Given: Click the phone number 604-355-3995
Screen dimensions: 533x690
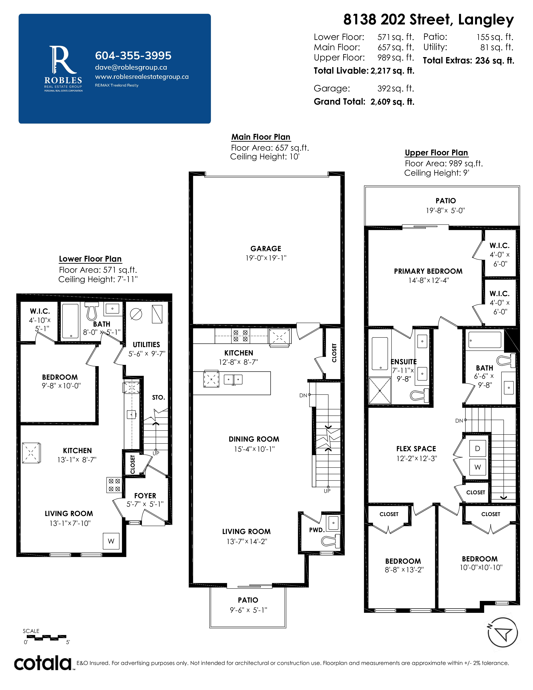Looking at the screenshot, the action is pyautogui.click(x=133, y=56).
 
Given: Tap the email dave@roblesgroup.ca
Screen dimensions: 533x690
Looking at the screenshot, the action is pyautogui.click(x=131, y=67).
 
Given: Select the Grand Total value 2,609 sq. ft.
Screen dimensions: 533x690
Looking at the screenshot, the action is pyautogui.click(x=393, y=102).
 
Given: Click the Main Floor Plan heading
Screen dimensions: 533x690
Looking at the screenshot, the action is pyautogui.click(x=261, y=137).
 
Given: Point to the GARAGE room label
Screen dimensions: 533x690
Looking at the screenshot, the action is pyautogui.click(x=266, y=249).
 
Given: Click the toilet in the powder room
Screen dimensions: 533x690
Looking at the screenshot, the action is pyautogui.click(x=331, y=540).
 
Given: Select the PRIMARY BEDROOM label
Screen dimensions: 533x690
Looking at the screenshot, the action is pyautogui.click(x=428, y=271).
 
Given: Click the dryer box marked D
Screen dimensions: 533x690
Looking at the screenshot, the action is pyautogui.click(x=477, y=448).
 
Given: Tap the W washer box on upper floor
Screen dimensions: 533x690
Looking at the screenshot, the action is pyautogui.click(x=477, y=467).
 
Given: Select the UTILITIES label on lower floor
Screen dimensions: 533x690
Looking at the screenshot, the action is pyautogui.click(x=146, y=344).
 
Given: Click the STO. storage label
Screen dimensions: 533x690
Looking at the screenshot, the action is pyautogui.click(x=158, y=397).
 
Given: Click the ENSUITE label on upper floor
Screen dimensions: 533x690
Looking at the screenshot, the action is pyautogui.click(x=404, y=362).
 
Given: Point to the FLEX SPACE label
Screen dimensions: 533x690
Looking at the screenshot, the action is pyautogui.click(x=416, y=449).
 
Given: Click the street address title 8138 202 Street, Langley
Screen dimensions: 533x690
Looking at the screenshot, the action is pyautogui.click(x=428, y=20).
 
